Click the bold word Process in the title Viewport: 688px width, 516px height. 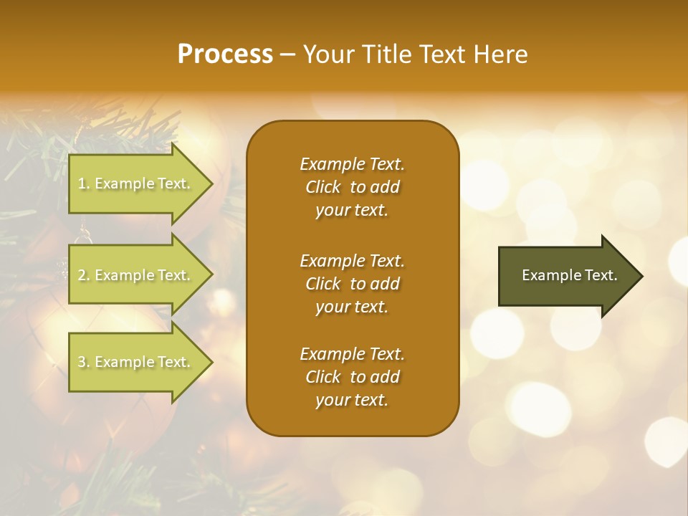[225, 54]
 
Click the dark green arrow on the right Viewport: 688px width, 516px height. [566, 276]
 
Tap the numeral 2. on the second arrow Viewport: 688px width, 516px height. [84, 275]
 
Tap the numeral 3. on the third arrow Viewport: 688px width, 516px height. [84, 362]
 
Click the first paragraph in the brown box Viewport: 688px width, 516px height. [352, 187]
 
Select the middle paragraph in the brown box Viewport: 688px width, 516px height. [352, 283]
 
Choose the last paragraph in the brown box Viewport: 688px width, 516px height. [352, 377]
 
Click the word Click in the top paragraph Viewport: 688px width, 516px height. [322, 187]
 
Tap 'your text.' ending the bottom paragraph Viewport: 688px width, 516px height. [352, 400]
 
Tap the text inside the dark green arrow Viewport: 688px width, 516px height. [569, 275]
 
